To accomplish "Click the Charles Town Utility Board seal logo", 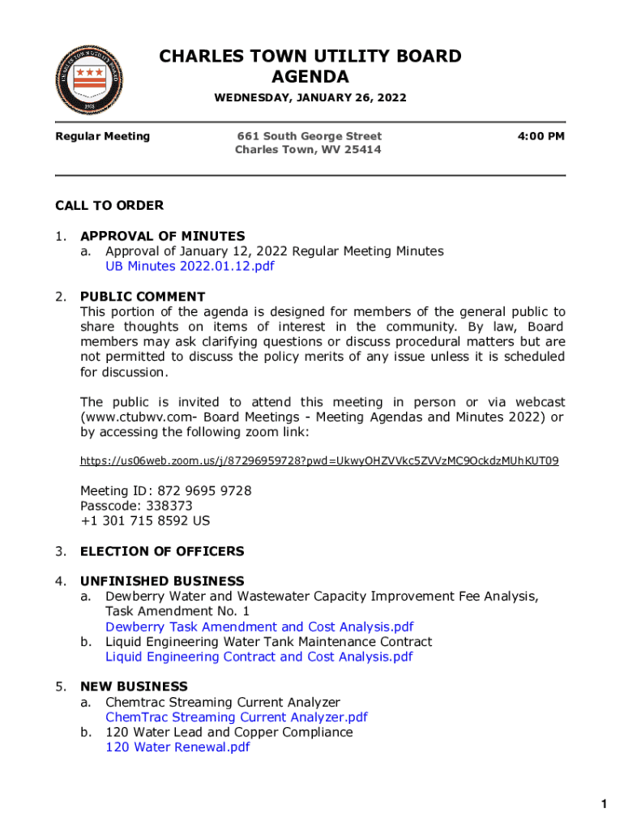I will click(x=91, y=79).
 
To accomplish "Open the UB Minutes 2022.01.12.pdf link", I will click(x=190, y=267).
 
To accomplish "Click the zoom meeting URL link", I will click(x=319, y=461).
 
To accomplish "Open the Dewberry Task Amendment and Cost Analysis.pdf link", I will click(x=259, y=627).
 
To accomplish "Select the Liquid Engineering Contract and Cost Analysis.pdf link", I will click(x=259, y=657).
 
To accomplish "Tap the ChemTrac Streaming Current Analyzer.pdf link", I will click(x=236, y=717).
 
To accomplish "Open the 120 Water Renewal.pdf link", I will click(x=177, y=747).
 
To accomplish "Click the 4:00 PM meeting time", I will click(x=541, y=136).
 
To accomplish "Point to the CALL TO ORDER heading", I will click(x=109, y=206).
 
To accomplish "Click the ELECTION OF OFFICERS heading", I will click(x=161, y=551).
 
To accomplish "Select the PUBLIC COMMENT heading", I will click(x=143, y=297).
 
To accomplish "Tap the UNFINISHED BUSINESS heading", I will click(x=162, y=581).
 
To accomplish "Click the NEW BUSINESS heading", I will click(x=134, y=687).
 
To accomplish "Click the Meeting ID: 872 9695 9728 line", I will click(x=165, y=491).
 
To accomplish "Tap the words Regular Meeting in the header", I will click(x=102, y=136).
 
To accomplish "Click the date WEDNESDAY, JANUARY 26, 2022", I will click(x=310, y=99).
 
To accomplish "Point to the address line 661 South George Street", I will click(x=309, y=136).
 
